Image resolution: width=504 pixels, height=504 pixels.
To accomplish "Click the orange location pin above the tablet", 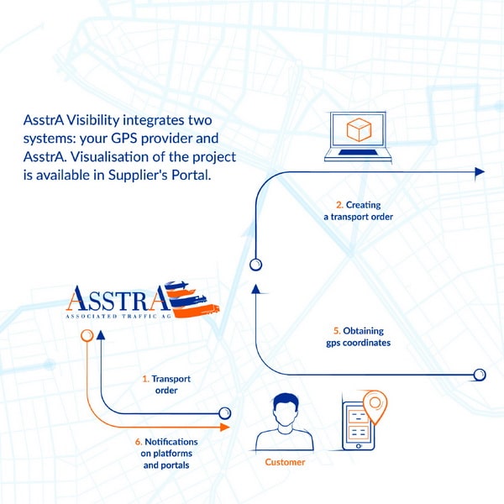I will (x=374, y=406).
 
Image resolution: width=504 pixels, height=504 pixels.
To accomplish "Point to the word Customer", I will (x=285, y=462).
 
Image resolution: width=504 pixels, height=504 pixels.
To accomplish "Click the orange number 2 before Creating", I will (x=338, y=204).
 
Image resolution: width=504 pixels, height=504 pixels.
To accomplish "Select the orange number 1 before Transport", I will (x=145, y=379).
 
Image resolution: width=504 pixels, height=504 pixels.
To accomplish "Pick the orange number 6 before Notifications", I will (x=138, y=442).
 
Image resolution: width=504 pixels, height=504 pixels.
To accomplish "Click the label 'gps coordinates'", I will (x=358, y=343).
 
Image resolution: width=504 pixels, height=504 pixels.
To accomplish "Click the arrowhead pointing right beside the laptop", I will (x=480, y=171).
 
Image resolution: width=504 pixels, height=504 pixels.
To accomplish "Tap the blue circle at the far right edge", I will (x=480, y=374).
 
